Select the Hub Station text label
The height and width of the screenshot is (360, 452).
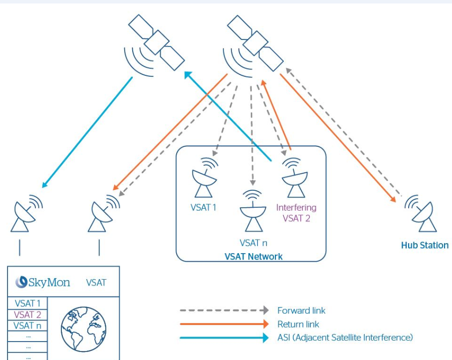(425, 245)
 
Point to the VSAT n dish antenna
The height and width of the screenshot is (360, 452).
(253, 212)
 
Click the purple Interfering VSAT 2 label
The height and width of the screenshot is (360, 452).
(296, 213)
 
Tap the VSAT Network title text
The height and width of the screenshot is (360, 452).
(253, 257)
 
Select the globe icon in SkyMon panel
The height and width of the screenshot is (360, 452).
(83, 327)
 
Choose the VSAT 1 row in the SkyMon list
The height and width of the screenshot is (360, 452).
(27, 303)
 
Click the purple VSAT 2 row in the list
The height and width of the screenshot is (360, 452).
(27, 315)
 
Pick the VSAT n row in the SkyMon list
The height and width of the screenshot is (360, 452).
(27, 326)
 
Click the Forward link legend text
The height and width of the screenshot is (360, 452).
(301, 311)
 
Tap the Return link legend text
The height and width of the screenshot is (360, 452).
(298, 325)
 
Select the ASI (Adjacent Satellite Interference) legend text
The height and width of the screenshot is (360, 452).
(345, 338)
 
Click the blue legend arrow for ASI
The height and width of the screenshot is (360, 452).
(224, 338)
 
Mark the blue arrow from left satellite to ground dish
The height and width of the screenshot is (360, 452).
(87, 132)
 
